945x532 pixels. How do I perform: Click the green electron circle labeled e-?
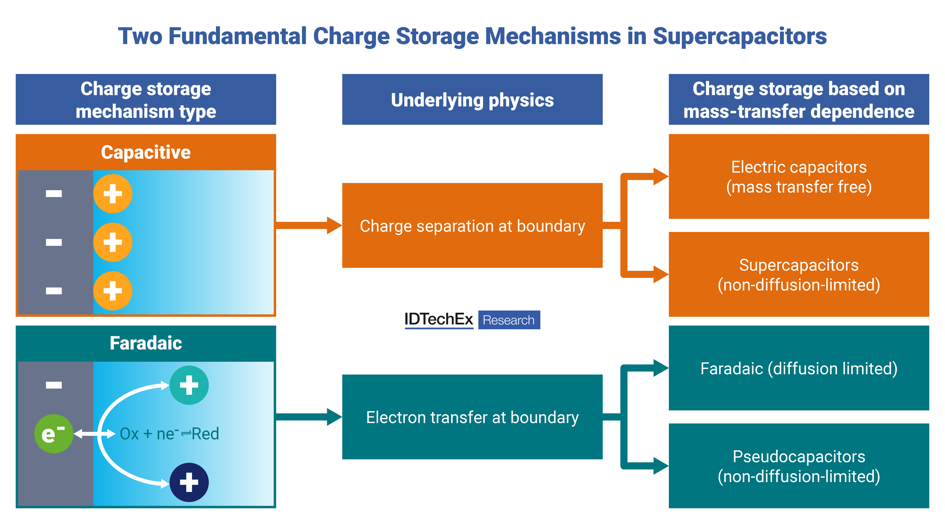[x=53, y=433]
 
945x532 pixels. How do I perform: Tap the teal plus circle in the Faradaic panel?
[x=189, y=385]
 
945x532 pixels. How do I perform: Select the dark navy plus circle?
[x=189, y=482]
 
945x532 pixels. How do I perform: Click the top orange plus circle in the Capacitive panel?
[x=113, y=193]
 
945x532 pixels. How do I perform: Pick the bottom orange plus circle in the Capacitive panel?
[x=113, y=291]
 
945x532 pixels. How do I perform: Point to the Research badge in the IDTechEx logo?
[x=509, y=320]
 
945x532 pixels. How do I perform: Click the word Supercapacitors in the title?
[x=740, y=36]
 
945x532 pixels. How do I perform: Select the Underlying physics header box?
[x=472, y=100]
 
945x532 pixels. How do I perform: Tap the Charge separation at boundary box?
[x=472, y=225]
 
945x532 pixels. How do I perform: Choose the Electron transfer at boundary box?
[x=472, y=417]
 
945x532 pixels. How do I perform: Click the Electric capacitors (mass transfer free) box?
[x=799, y=177]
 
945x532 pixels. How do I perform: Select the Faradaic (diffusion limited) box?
[x=799, y=368]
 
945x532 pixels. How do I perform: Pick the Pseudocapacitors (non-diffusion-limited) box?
[x=799, y=466]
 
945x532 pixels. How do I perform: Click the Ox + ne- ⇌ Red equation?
[x=169, y=434]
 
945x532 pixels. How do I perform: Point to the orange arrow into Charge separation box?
[x=308, y=225]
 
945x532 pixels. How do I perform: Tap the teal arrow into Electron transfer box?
[x=308, y=417]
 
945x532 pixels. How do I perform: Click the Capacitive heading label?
[x=146, y=152]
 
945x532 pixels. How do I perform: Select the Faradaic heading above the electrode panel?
[x=146, y=343]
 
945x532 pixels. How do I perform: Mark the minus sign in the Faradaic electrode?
[x=53, y=385]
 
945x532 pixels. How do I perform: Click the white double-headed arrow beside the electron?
[x=94, y=434]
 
